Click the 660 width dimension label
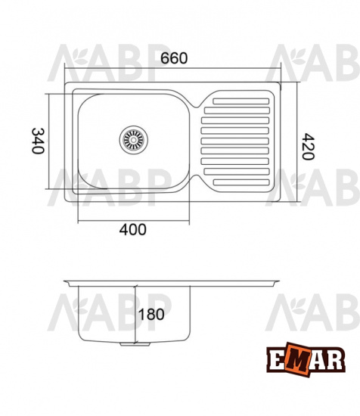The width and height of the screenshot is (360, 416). click(174, 58)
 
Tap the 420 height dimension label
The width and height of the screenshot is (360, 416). click(309, 147)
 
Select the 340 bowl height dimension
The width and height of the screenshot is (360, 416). click(38, 141)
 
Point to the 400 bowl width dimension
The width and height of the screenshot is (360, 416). click(132, 229)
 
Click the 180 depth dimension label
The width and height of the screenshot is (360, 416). click(151, 315)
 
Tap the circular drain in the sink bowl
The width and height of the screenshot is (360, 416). click(133, 140)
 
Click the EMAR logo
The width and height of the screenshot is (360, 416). click(306, 359)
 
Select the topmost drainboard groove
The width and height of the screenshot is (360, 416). click(241, 101)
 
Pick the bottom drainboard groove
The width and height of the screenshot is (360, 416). click(241, 182)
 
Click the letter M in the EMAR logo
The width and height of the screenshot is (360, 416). click(297, 360)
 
